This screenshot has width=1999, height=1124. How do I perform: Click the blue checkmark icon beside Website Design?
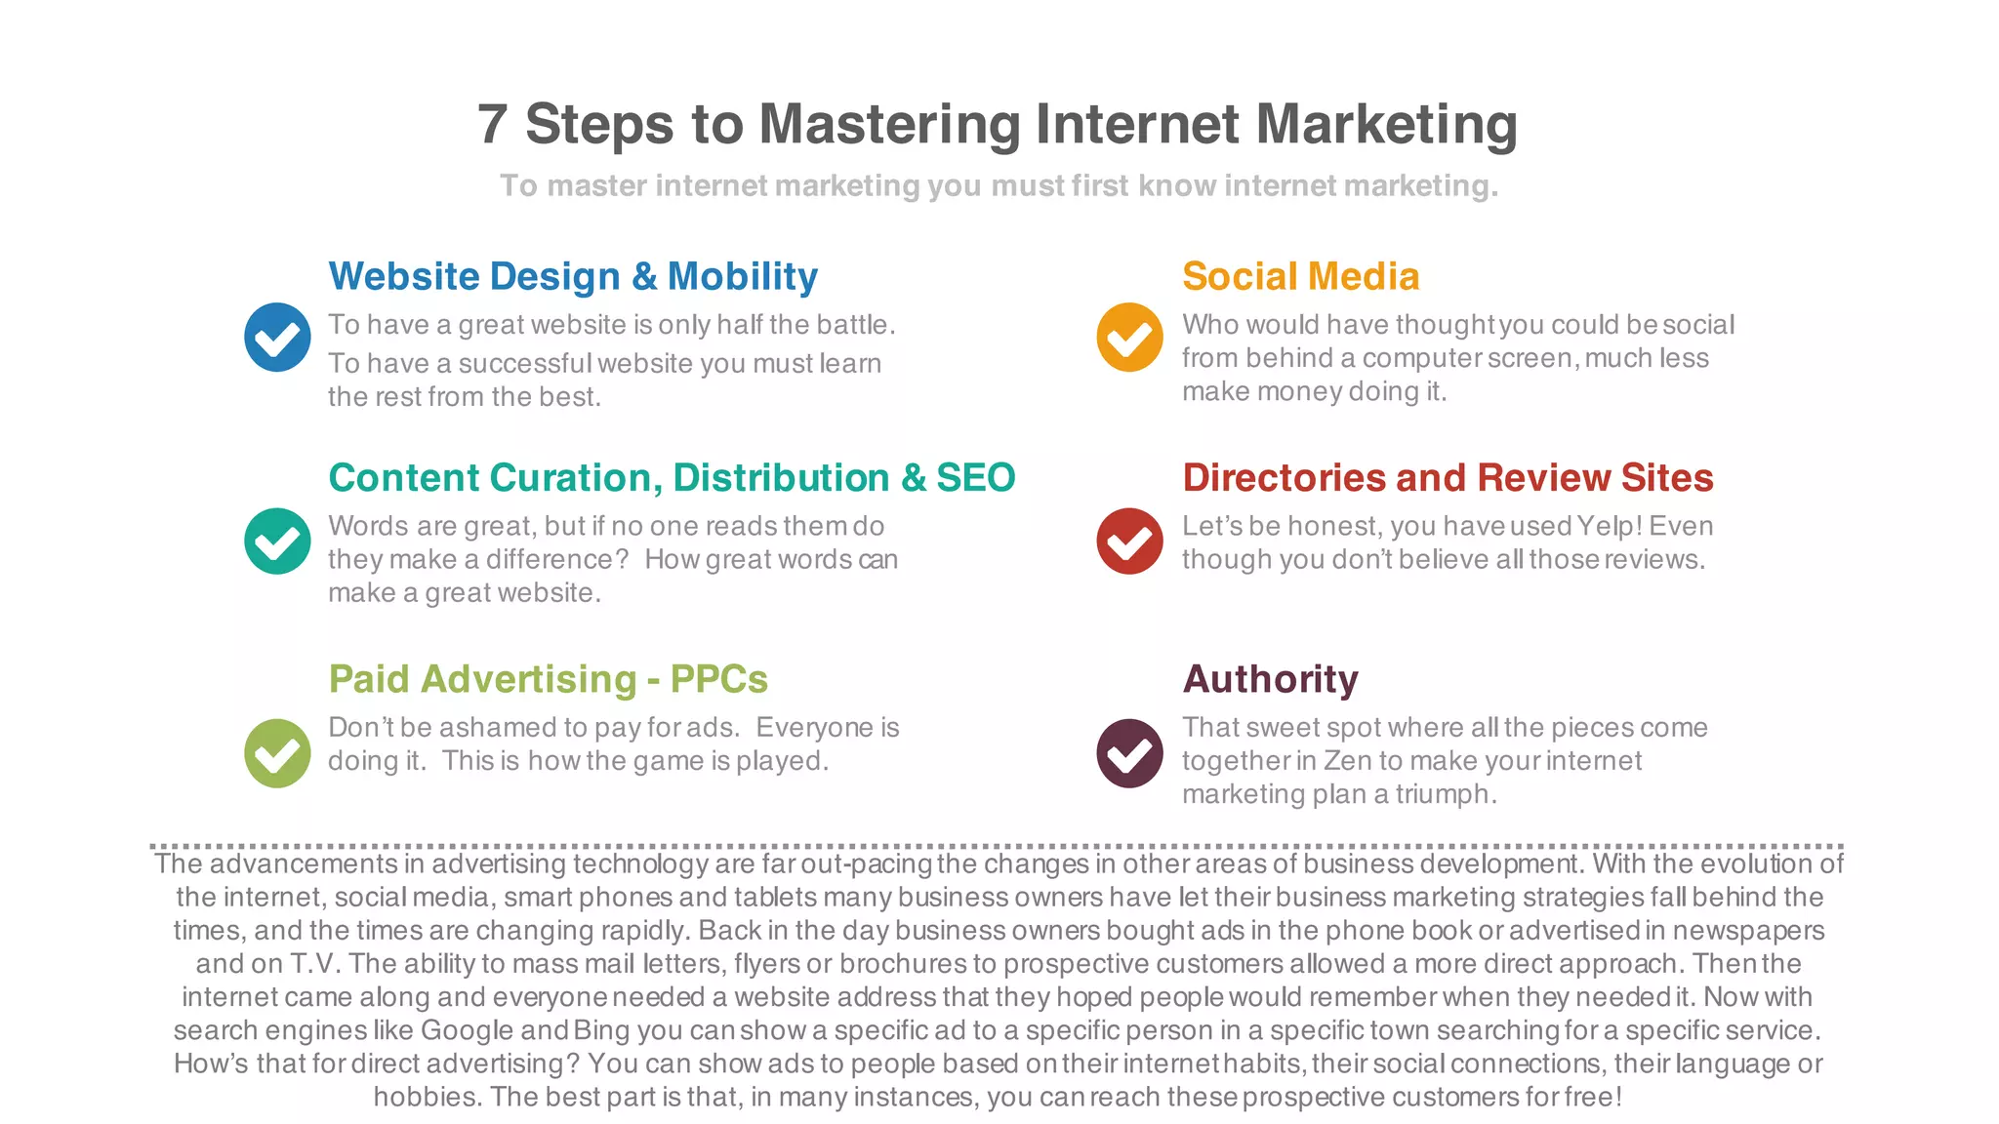coord(277,338)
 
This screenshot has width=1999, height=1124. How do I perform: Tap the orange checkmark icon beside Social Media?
coord(1129,338)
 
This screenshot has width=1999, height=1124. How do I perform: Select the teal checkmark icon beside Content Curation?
coord(277,542)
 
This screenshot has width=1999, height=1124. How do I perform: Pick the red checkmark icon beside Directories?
coord(1129,542)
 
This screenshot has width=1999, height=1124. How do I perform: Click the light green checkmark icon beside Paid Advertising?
coord(277,753)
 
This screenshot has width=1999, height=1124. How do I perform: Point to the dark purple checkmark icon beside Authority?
coord(1129,753)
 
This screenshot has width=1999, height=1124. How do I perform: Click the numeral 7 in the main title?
coord(493,125)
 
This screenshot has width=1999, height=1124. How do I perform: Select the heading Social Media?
coord(1300,277)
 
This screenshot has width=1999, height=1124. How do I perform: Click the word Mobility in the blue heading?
coord(743,277)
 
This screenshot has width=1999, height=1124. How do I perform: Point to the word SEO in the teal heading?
coord(975,478)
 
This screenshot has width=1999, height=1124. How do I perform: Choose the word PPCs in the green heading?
coord(718,679)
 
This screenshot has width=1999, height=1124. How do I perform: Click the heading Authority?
coord(1270,679)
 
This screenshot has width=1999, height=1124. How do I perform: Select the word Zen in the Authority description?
coord(1346,761)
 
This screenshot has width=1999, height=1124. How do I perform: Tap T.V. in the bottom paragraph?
coord(314,964)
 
